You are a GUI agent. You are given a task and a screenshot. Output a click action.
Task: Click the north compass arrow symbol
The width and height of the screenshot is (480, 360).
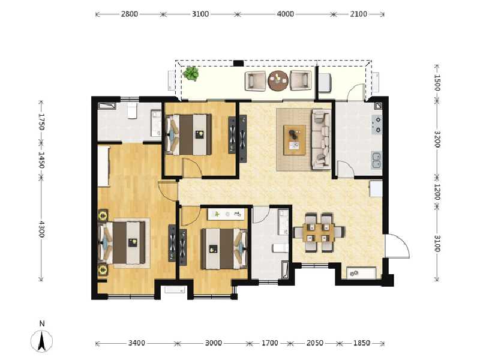click(43, 341)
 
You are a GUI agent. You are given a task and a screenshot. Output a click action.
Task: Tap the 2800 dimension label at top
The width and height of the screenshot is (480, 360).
click(129, 14)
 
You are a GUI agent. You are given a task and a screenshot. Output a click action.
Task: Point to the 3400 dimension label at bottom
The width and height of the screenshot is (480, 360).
click(136, 343)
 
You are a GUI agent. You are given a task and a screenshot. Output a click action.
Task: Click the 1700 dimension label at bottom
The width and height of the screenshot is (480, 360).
click(269, 343)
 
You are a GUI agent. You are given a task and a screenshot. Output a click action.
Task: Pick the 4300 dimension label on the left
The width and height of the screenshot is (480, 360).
click(41, 229)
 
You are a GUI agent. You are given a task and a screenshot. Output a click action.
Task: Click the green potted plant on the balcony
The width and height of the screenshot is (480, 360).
click(191, 74)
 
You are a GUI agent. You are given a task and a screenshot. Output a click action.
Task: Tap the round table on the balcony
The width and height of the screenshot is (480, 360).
click(278, 80)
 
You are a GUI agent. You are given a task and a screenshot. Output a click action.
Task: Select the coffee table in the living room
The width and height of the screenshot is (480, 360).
click(295, 139)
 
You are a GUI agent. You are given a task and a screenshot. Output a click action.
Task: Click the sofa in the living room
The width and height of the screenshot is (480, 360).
click(320, 139)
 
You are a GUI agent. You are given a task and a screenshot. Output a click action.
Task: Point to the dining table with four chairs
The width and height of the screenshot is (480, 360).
click(318, 231)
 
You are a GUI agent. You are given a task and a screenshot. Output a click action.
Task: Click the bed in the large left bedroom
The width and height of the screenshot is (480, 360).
click(125, 242)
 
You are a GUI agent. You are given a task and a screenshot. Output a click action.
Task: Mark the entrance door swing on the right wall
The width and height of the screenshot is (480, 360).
click(397, 247)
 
